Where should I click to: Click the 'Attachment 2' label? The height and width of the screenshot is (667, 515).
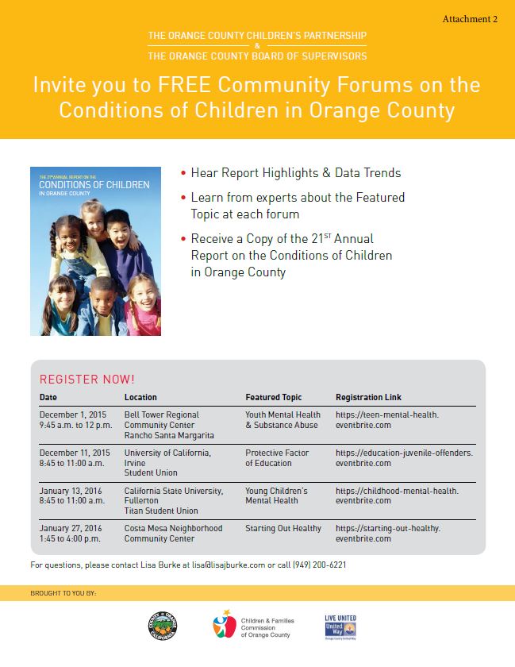click(x=470, y=19)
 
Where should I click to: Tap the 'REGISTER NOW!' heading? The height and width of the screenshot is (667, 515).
click(x=87, y=380)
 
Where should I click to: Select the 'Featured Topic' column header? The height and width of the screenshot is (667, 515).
click(x=274, y=397)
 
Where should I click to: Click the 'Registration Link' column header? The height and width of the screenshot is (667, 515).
click(x=368, y=397)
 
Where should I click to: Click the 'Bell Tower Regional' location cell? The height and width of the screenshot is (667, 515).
click(x=162, y=414)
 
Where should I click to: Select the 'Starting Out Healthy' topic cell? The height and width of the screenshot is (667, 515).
click(x=283, y=528)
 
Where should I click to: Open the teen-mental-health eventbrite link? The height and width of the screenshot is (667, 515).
click(x=386, y=419)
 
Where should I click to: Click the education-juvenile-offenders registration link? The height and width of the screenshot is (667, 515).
click(x=404, y=457)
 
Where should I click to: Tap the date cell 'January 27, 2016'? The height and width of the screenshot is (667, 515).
click(x=71, y=528)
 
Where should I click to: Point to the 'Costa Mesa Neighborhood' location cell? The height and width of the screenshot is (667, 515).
click(x=173, y=528)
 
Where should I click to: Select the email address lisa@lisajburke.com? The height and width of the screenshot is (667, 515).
click(x=236, y=565)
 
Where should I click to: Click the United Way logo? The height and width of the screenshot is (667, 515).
click(x=340, y=627)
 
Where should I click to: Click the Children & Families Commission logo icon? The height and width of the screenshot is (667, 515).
click(x=225, y=626)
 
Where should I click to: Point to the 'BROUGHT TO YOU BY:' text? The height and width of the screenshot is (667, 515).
click(x=63, y=593)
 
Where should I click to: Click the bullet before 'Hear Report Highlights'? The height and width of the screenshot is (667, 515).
click(x=184, y=173)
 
